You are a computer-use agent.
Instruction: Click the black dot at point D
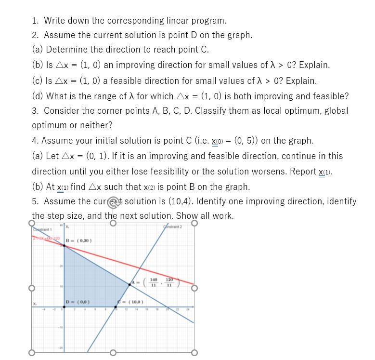[65, 307]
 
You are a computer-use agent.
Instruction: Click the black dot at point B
[65, 246]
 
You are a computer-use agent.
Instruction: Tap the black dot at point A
[129, 284]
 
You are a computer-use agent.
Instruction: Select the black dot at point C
[116, 307]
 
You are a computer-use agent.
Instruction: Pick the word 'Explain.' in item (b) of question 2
[314, 65]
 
